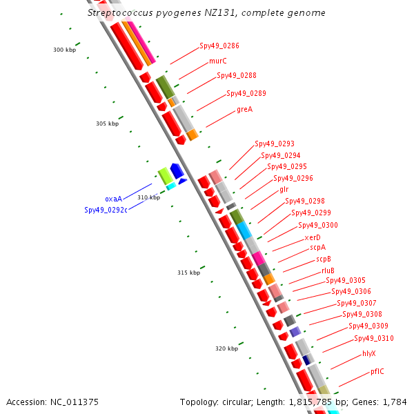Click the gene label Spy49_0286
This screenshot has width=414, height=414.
[219, 46]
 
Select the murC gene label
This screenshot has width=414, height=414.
[218, 61]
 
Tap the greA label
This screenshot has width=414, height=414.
[245, 109]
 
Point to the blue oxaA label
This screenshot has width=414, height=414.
[113, 199]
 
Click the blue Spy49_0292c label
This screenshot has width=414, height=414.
[106, 210]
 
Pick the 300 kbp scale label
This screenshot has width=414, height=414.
[64, 50]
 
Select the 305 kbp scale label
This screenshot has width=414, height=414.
[107, 124]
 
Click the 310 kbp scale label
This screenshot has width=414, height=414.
[148, 197]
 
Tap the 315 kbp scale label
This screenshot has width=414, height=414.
[188, 273]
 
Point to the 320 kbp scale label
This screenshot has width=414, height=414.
[226, 348]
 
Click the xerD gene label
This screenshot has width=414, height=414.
[313, 237]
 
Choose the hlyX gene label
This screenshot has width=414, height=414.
[369, 353]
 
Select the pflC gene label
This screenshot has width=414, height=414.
[377, 371]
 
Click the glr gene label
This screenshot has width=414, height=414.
[284, 189]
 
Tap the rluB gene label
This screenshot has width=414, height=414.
[328, 270]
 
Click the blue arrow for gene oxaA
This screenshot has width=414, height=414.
[177, 170]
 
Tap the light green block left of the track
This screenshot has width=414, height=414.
[165, 175]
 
